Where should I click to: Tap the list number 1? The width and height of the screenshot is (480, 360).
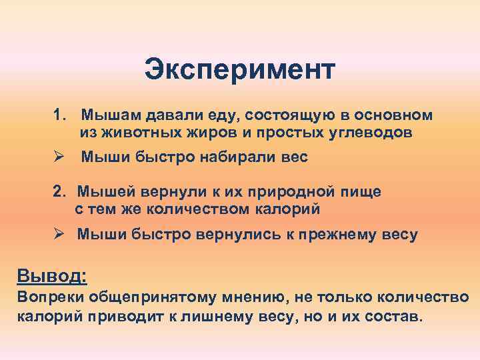click(59, 115)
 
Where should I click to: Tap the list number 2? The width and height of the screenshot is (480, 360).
click(59, 192)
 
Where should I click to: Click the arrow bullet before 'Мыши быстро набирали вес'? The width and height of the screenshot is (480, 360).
click(59, 157)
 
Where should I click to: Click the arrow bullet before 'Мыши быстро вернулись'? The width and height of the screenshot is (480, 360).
click(59, 234)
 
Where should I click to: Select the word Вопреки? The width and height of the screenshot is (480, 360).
click(45, 297)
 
